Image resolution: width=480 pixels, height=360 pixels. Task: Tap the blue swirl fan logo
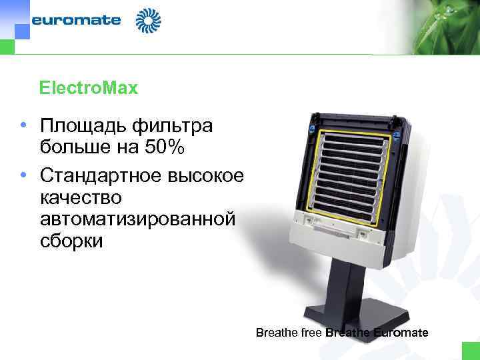click(148, 20)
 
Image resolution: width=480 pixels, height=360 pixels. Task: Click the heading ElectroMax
click(88, 87)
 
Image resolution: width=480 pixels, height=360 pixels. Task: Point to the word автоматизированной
click(137, 219)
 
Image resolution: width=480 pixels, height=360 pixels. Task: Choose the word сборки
click(71, 240)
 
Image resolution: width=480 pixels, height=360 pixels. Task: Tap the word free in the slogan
click(309, 333)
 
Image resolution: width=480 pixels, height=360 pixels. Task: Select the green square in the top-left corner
click(7, 47)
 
